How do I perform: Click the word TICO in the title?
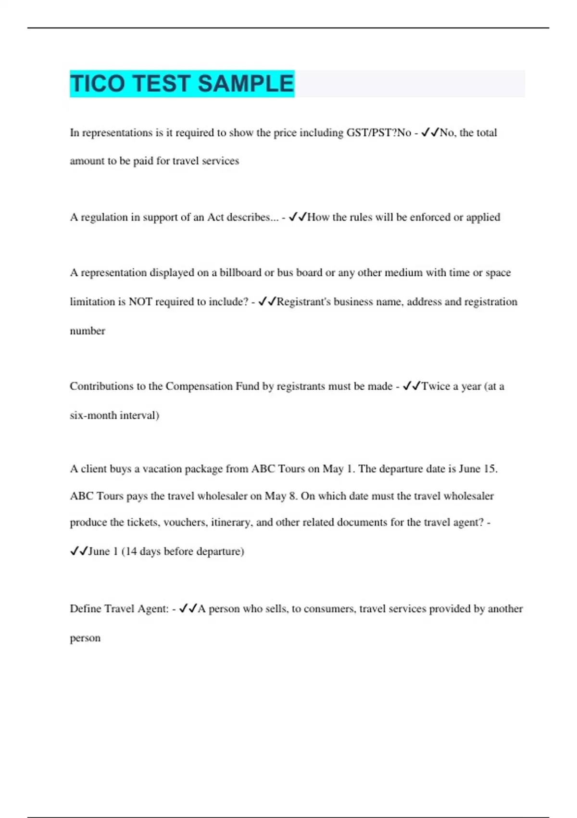tap(98, 84)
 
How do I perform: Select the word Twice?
tap(436, 386)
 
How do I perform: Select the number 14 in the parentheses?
tap(131, 551)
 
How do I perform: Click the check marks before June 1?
tap(78, 551)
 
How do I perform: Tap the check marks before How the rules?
tap(298, 217)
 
